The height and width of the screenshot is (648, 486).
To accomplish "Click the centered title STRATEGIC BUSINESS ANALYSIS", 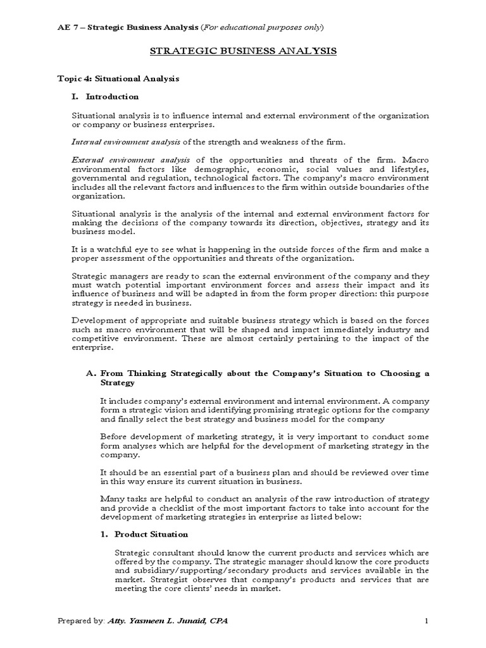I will [x=243, y=51].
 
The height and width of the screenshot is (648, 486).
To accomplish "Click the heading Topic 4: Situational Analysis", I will [x=118, y=78].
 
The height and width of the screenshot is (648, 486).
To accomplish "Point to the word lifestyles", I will [x=406, y=170].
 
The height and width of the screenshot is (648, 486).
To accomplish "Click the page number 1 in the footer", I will [x=427, y=621].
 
